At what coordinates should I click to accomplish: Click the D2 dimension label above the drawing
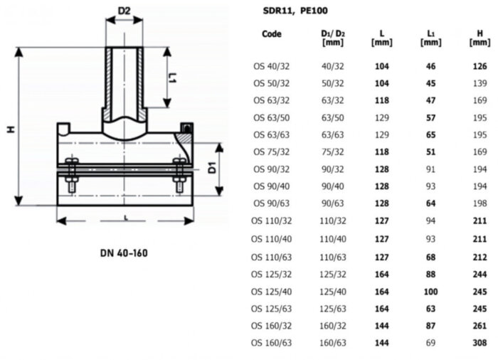pos(124,11)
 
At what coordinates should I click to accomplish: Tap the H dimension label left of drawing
pos(11,129)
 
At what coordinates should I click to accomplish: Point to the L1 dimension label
pos(172,78)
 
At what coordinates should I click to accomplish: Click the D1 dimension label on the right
pos(212,168)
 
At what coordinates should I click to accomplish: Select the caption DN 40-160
pos(124,253)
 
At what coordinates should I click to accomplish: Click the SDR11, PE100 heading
pos(295,11)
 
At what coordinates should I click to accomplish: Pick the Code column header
pos(272,33)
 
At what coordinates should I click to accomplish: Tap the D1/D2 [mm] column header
pos(333,38)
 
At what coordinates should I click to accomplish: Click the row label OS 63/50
pos(272,118)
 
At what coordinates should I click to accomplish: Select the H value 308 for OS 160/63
pos(480,343)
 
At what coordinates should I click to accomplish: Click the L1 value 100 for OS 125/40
pos(430,292)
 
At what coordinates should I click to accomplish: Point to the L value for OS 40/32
pos(382,66)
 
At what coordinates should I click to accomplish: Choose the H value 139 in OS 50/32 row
pos(480,83)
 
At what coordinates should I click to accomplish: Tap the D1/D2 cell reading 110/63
pos(333,257)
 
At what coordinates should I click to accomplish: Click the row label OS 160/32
pos(272,326)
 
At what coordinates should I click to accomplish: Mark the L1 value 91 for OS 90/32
pos(430,169)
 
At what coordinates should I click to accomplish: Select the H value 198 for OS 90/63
pos(480,203)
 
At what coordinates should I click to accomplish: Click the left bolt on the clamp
pos(71,175)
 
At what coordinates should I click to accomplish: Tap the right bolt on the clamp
pos(179,175)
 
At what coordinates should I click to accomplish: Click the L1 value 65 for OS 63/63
pos(430,135)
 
